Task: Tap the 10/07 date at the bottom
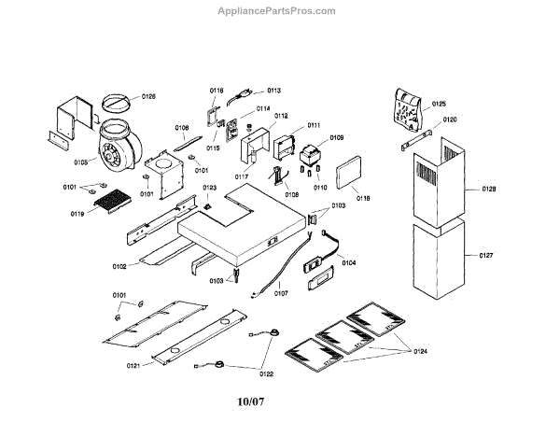(253, 404)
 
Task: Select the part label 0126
(149, 96)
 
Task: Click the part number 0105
(81, 162)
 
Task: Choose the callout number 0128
(488, 190)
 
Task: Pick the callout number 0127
(485, 254)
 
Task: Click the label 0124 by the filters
(422, 351)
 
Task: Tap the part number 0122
(266, 374)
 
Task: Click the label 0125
(439, 104)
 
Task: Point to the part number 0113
(274, 91)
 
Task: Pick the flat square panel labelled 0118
(347, 175)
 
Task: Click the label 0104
(349, 263)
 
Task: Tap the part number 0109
(337, 137)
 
